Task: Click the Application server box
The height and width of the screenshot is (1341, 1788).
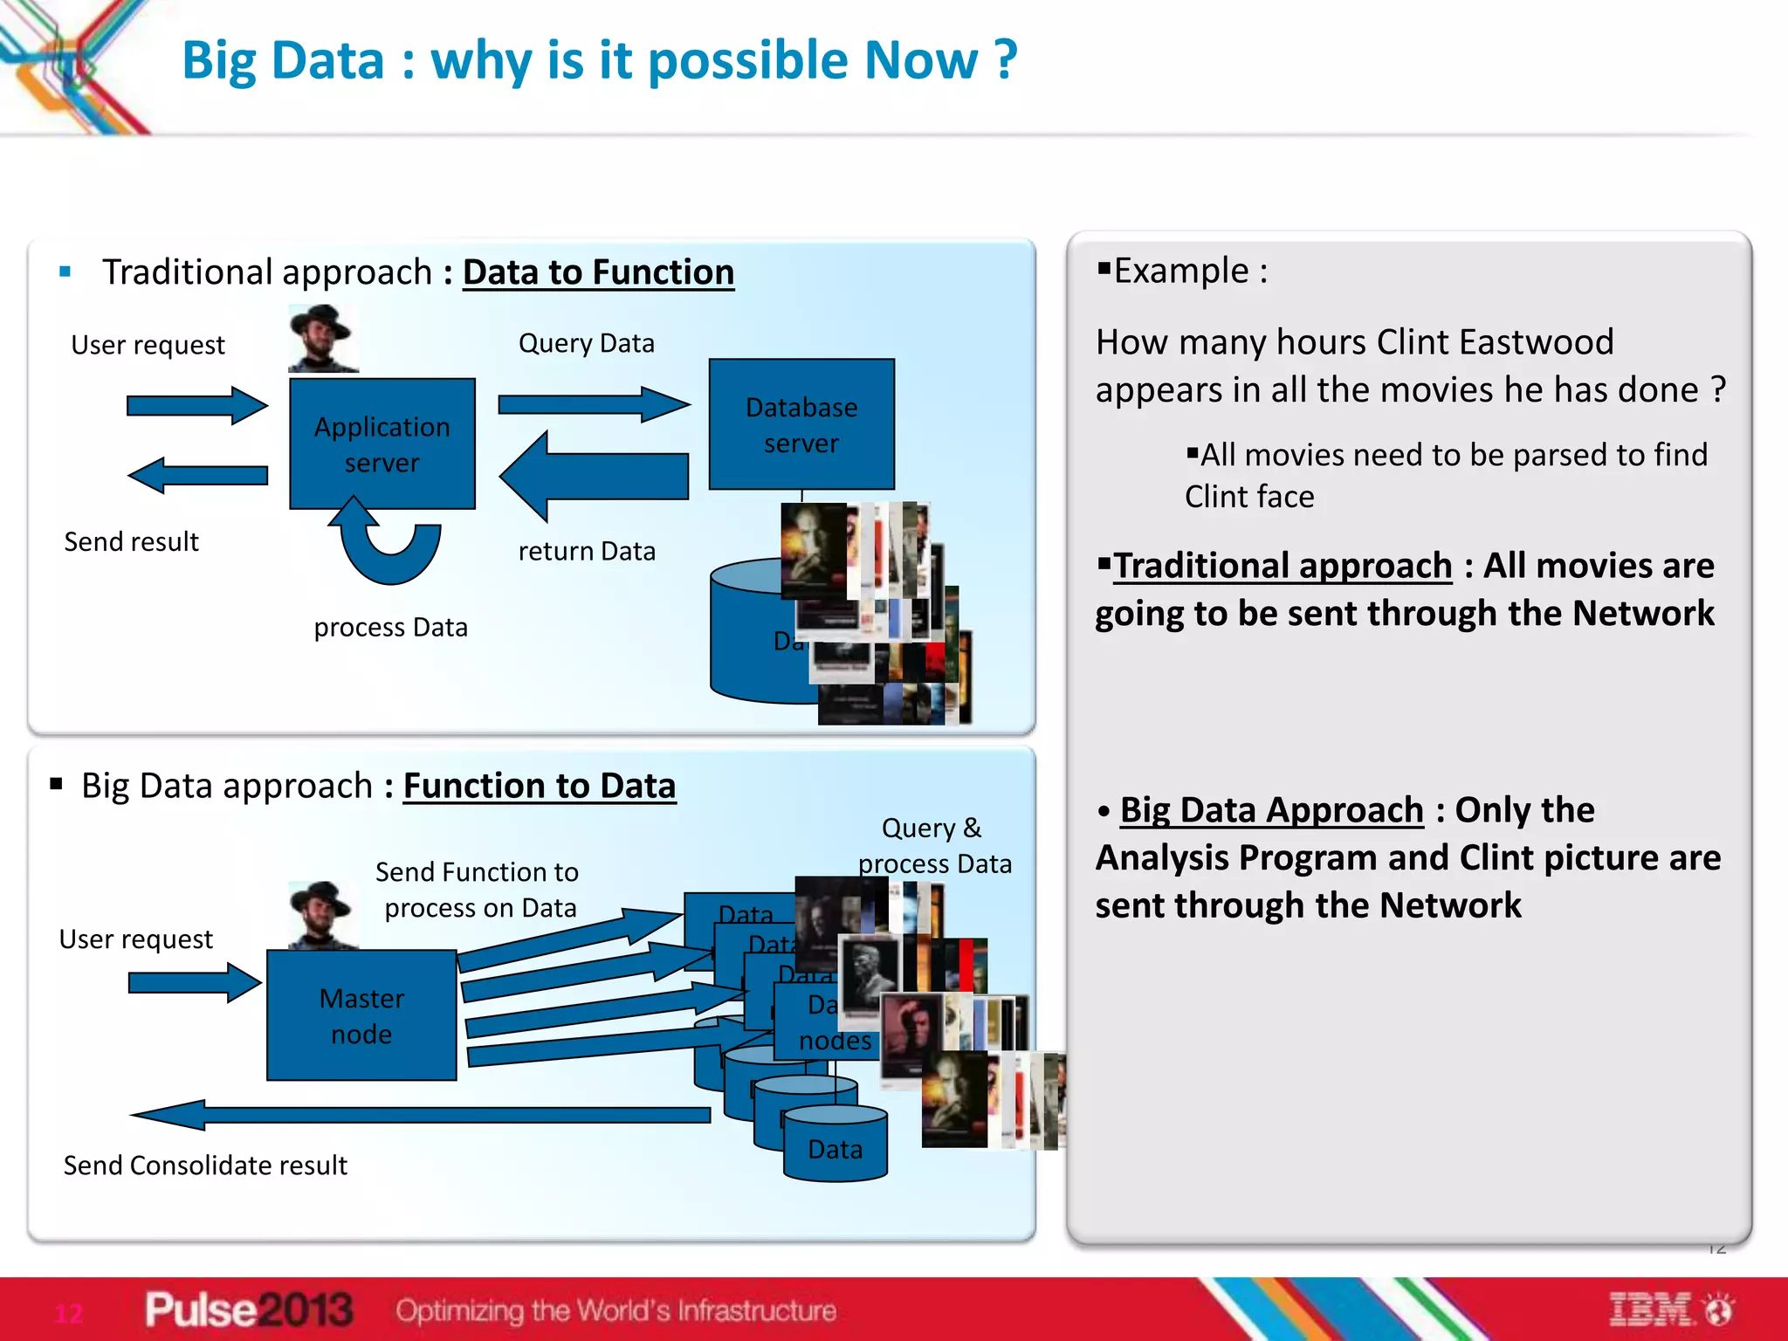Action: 382,444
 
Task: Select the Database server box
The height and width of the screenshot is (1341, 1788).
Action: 801,424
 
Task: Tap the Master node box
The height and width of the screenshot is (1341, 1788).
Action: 361,1015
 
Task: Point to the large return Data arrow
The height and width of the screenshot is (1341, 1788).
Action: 594,476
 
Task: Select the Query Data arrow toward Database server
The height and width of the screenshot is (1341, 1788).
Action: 594,404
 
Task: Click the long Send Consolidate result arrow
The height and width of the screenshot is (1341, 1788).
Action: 419,1115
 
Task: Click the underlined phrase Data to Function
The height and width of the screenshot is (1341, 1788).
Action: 598,272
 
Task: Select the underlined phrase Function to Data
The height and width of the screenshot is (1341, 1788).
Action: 539,786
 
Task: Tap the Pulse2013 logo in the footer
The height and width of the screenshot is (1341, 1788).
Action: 249,1310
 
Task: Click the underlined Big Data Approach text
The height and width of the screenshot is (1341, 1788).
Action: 1271,810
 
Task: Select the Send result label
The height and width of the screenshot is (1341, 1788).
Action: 131,542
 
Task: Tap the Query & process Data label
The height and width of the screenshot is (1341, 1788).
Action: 933,845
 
